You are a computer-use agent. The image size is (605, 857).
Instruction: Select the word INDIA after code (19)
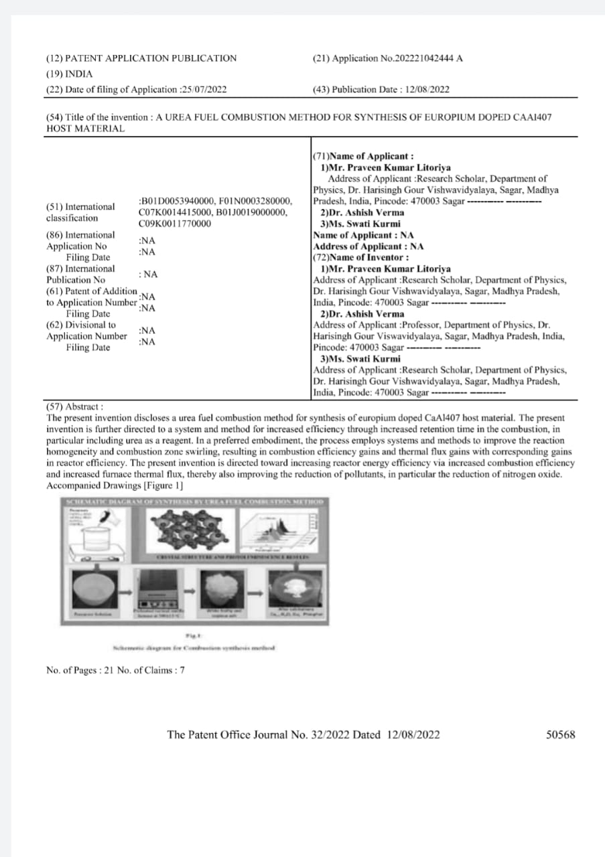[x=79, y=74]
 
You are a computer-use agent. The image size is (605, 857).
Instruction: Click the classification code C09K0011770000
[x=174, y=224]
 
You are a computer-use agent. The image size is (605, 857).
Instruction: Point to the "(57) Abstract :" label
[x=74, y=406]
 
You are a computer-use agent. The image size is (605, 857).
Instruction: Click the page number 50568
[x=561, y=735]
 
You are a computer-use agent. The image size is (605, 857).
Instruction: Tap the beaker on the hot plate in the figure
[x=98, y=532]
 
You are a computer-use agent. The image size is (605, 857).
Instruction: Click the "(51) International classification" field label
[x=80, y=212]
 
